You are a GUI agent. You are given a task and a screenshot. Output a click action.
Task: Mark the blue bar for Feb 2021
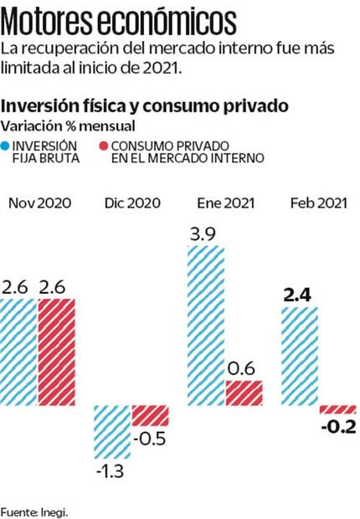(x=299, y=356)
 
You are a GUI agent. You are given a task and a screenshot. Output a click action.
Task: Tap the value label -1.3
(x=109, y=471)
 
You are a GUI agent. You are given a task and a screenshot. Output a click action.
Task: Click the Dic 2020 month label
(x=131, y=203)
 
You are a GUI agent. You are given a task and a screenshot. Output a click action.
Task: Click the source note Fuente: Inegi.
(x=33, y=509)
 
